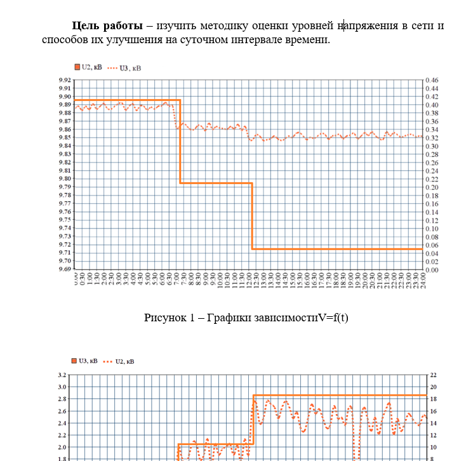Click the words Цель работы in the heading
click(x=107, y=26)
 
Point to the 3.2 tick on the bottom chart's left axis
click(x=62, y=375)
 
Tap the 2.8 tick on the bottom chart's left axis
click(x=62, y=399)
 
